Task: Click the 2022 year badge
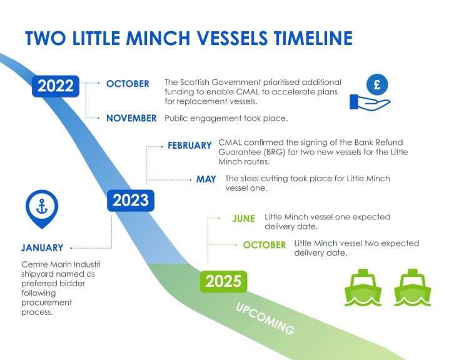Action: pyautogui.click(x=56, y=86)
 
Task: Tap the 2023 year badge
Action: pyautogui.click(x=131, y=200)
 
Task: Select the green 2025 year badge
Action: pyautogui.click(x=223, y=281)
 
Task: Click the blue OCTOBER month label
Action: pyautogui.click(x=128, y=84)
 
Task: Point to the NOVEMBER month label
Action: pyautogui.click(x=131, y=117)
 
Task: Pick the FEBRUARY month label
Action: pyautogui.click(x=189, y=146)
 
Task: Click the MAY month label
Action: pyautogui.click(x=206, y=179)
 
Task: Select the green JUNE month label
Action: pyautogui.click(x=243, y=218)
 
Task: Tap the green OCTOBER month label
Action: pyautogui.click(x=265, y=244)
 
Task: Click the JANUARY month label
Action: pyautogui.click(x=42, y=247)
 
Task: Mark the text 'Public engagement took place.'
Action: pyautogui.click(x=216, y=117)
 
